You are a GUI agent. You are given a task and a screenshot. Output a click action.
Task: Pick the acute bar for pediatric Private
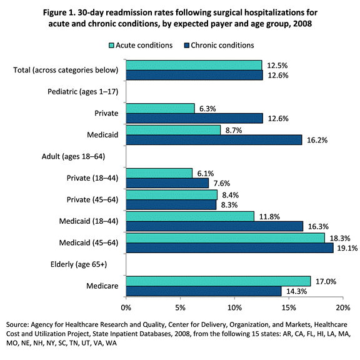click(160, 109)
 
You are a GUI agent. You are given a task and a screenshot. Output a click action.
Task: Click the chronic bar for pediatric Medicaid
click(214, 140)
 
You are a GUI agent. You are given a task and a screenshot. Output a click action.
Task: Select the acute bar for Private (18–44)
click(159, 173)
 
